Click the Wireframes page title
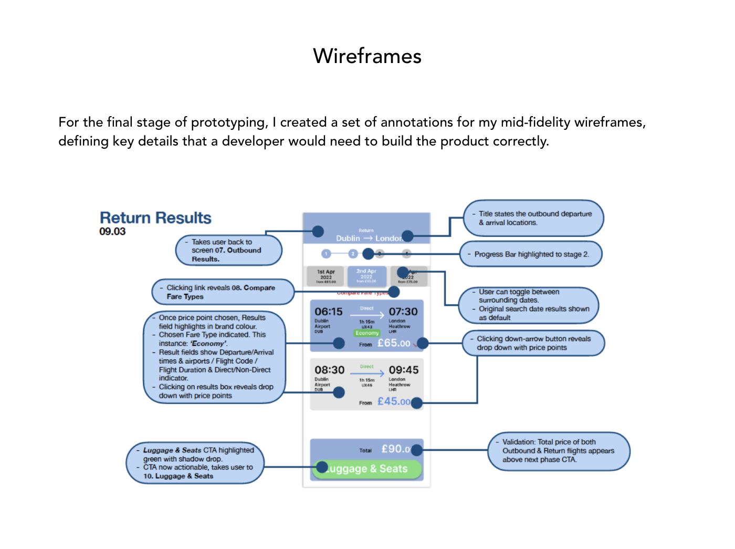(x=367, y=56)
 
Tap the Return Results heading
(x=155, y=218)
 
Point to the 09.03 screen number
(x=112, y=232)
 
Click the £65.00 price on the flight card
(x=394, y=343)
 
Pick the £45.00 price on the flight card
(x=393, y=401)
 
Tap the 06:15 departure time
(x=329, y=312)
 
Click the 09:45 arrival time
(x=404, y=370)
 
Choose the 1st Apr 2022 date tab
(x=325, y=276)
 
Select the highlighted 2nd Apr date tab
(x=366, y=276)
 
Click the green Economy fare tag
(x=367, y=333)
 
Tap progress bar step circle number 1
(x=326, y=254)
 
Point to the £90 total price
(x=395, y=449)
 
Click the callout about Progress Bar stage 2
(x=531, y=254)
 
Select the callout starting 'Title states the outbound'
(x=534, y=218)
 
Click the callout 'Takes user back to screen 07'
(x=228, y=250)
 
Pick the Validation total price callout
(x=558, y=451)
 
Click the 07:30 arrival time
(x=403, y=312)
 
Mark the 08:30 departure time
(x=330, y=370)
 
